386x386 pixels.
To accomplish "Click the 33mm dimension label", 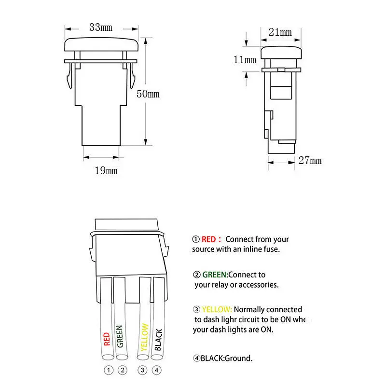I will tap(100, 28).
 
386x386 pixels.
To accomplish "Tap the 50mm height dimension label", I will tap(148, 94).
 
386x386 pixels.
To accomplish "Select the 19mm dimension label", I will tap(106, 171).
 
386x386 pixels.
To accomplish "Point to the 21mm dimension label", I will tap(280, 32).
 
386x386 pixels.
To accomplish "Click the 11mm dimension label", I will tap(245, 60).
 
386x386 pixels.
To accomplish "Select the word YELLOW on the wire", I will tap(143, 337).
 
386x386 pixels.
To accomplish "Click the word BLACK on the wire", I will tap(158, 339).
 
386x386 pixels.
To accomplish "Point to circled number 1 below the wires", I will tap(109, 371).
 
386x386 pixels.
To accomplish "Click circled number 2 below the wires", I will tap(123, 371).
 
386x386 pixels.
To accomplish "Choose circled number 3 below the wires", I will tap(142, 371).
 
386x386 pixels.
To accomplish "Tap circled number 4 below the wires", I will tap(156, 371).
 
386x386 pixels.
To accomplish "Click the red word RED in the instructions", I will tap(209, 239).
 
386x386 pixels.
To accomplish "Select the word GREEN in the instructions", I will tap(215, 275).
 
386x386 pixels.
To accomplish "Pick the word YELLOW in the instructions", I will tap(217, 310).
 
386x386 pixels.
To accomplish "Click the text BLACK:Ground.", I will tap(226, 358).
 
